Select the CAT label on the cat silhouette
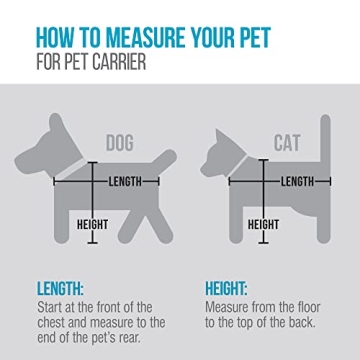(x=286, y=146)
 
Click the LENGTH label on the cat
(x=298, y=181)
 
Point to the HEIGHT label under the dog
(x=93, y=224)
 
